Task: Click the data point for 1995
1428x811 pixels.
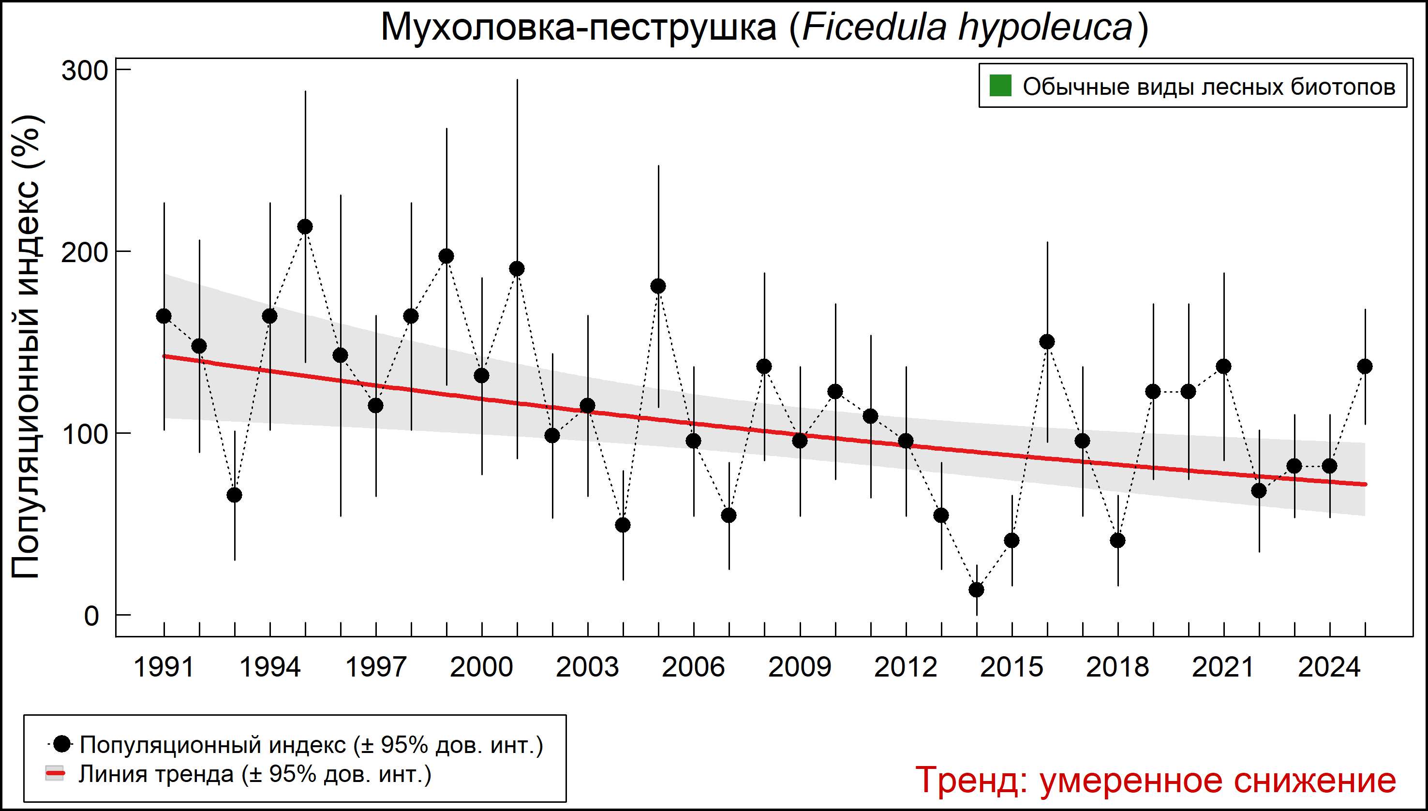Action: point(305,227)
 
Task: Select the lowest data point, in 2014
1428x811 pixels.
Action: point(977,590)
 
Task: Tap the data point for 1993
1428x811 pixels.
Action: point(235,495)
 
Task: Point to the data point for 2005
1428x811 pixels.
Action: point(658,286)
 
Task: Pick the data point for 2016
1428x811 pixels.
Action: point(1047,341)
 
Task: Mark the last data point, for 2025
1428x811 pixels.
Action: point(1365,367)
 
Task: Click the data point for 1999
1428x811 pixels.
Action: point(446,256)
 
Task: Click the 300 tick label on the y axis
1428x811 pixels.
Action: point(84,71)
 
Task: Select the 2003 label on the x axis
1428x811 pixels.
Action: point(587,667)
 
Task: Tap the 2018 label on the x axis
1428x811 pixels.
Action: point(1117,667)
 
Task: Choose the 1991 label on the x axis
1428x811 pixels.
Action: point(164,667)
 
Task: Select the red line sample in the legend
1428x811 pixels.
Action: point(55,774)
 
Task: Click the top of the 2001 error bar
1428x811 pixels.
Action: point(517,80)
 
